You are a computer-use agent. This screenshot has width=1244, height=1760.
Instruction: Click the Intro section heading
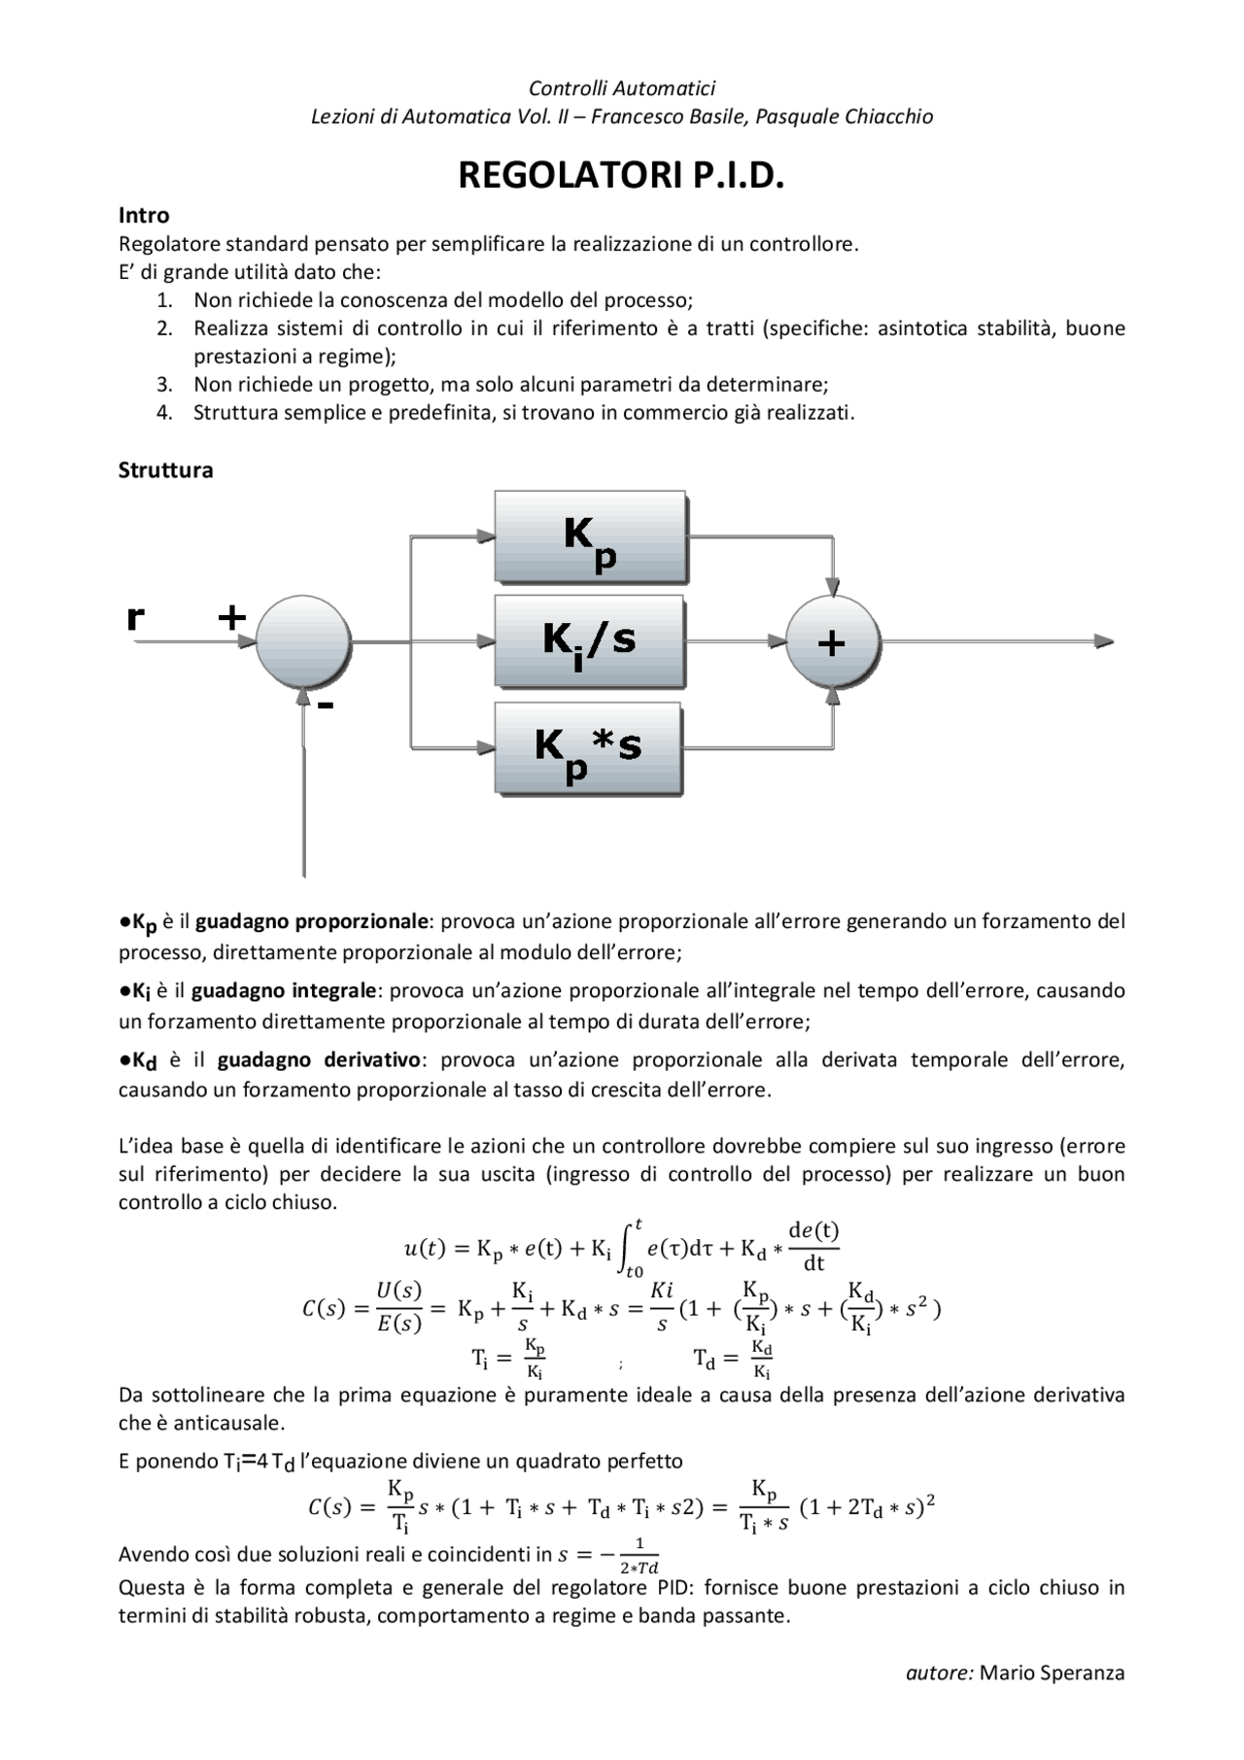144,215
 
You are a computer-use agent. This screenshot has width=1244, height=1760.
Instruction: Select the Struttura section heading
165,470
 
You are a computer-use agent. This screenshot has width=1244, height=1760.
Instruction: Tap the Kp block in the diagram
590,537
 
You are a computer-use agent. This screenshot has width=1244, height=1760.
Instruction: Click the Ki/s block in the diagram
589,641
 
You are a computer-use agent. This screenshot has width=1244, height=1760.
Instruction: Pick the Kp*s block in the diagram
589,748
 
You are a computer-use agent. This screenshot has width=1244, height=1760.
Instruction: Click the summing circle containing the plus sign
833,642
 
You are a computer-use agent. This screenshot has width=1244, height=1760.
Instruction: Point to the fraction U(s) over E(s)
398,1306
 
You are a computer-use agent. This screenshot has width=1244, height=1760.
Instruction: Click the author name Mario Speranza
1052,1673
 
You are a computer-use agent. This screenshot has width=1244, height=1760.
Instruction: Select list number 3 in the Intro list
164,384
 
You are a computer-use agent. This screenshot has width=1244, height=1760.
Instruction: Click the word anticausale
214,1423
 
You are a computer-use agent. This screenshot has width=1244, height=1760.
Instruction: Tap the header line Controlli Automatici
621,88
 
